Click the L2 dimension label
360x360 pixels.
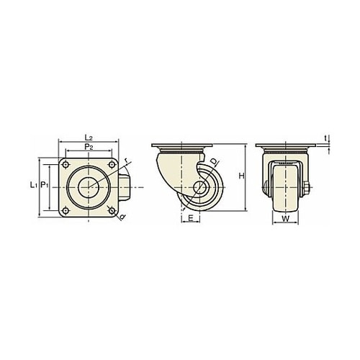tap(89, 138)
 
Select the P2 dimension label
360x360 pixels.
tap(89, 147)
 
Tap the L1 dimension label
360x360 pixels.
tap(33, 185)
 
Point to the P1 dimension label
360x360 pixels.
tap(45, 185)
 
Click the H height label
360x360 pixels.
tap(241, 176)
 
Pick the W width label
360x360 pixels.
tap(285, 218)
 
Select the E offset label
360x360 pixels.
tap(191, 218)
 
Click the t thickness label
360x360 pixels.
tap(325, 138)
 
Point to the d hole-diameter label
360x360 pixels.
tap(122, 217)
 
